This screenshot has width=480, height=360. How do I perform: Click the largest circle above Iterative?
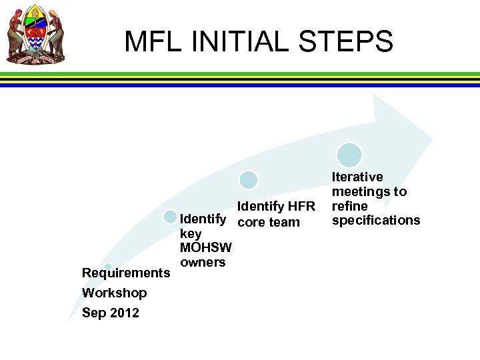(x=349, y=155)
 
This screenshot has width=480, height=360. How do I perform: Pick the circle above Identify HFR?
(x=249, y=179)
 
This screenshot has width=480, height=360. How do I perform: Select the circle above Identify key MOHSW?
(x=171, y=217)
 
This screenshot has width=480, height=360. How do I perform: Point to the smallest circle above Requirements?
(x=108, y=267)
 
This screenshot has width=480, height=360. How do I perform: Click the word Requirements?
(x=125, y=273)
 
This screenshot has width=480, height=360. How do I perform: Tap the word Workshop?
(x=114, y=293)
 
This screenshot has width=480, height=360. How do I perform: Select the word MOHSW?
(x=206, y=248)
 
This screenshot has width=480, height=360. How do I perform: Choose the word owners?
(x=203, y=262)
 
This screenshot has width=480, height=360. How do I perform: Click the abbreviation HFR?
(x=300, y=207)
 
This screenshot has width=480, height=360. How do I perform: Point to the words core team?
(x=269, y=222)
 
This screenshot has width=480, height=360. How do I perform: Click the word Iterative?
(x=358, y=177)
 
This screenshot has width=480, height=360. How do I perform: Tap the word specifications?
(x=376, y=220)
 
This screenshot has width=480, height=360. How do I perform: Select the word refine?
(x=350, y=206)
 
